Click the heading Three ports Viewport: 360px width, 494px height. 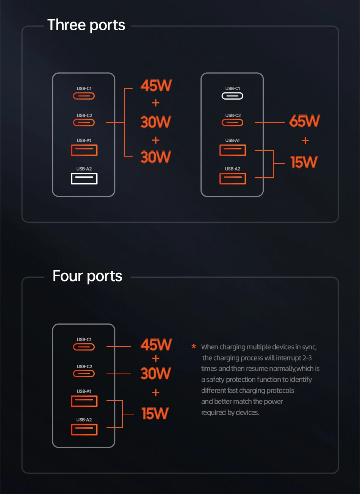(86, 25)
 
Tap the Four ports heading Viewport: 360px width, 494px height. (87, 276)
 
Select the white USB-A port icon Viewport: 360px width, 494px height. (84, 178)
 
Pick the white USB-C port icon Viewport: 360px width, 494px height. (232, 96)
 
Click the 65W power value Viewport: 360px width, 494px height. (304, 122)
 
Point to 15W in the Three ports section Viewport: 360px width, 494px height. (304, 162)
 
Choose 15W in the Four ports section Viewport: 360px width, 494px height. (155, 414)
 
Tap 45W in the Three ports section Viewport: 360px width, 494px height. (156, 86)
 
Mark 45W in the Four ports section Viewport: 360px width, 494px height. (156, 345)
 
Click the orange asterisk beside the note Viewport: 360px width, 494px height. (194, 347)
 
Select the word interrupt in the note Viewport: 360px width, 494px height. (288, 358)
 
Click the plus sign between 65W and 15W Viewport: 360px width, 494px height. (305, 141)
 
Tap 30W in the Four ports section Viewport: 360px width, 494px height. (155, 374)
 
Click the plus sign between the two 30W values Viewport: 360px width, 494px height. (155, 140)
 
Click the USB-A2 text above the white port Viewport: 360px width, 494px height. (84, 169)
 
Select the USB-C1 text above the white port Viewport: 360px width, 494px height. (232, 89)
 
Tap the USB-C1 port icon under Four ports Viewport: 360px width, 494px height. (84, 347)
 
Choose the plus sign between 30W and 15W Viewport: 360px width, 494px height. (155, 393)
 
